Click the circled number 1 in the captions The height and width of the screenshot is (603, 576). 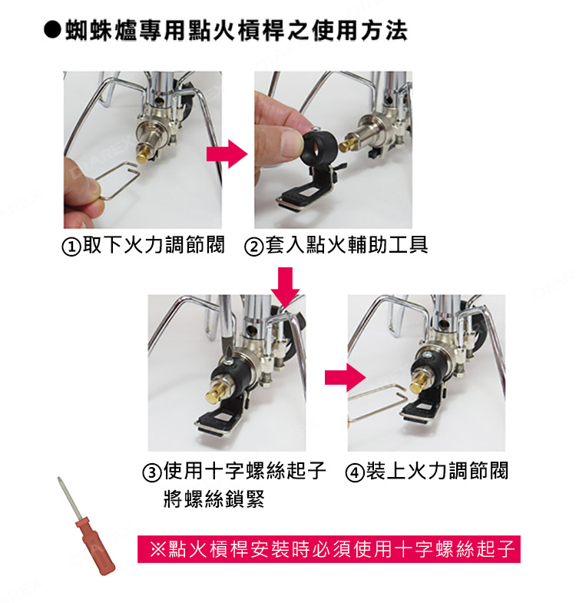[x=70, y=247]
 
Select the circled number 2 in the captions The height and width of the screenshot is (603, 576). [x=253, y=247]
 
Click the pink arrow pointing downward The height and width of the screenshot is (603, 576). [x=286, y=286]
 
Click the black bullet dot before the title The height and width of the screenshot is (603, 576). [x=52, y=31]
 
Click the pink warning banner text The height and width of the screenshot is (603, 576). [x=329, y=549]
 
